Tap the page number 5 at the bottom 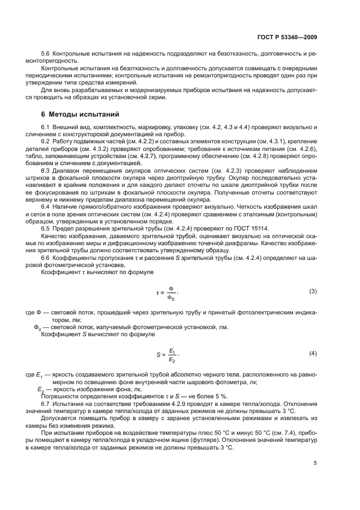315,463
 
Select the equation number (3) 313,292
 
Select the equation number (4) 313,354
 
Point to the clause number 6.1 46,127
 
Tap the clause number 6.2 46,142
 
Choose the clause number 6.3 46,170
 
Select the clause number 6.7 46,404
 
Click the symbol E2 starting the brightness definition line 39,390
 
